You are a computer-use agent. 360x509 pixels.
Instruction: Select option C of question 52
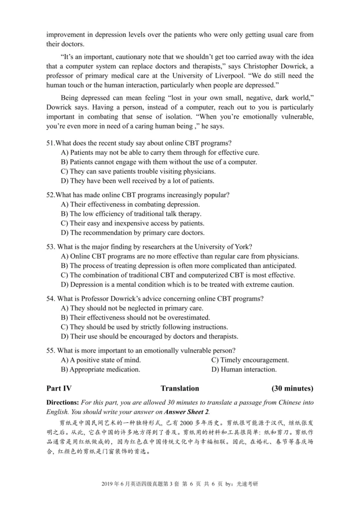(x=132, y=223)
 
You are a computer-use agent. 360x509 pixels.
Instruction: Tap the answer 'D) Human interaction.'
(x=243, y=370)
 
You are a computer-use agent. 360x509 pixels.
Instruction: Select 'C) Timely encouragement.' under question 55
(x=250, y=360)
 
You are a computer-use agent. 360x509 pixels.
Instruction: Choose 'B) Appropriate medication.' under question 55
(x=100, y=370)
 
